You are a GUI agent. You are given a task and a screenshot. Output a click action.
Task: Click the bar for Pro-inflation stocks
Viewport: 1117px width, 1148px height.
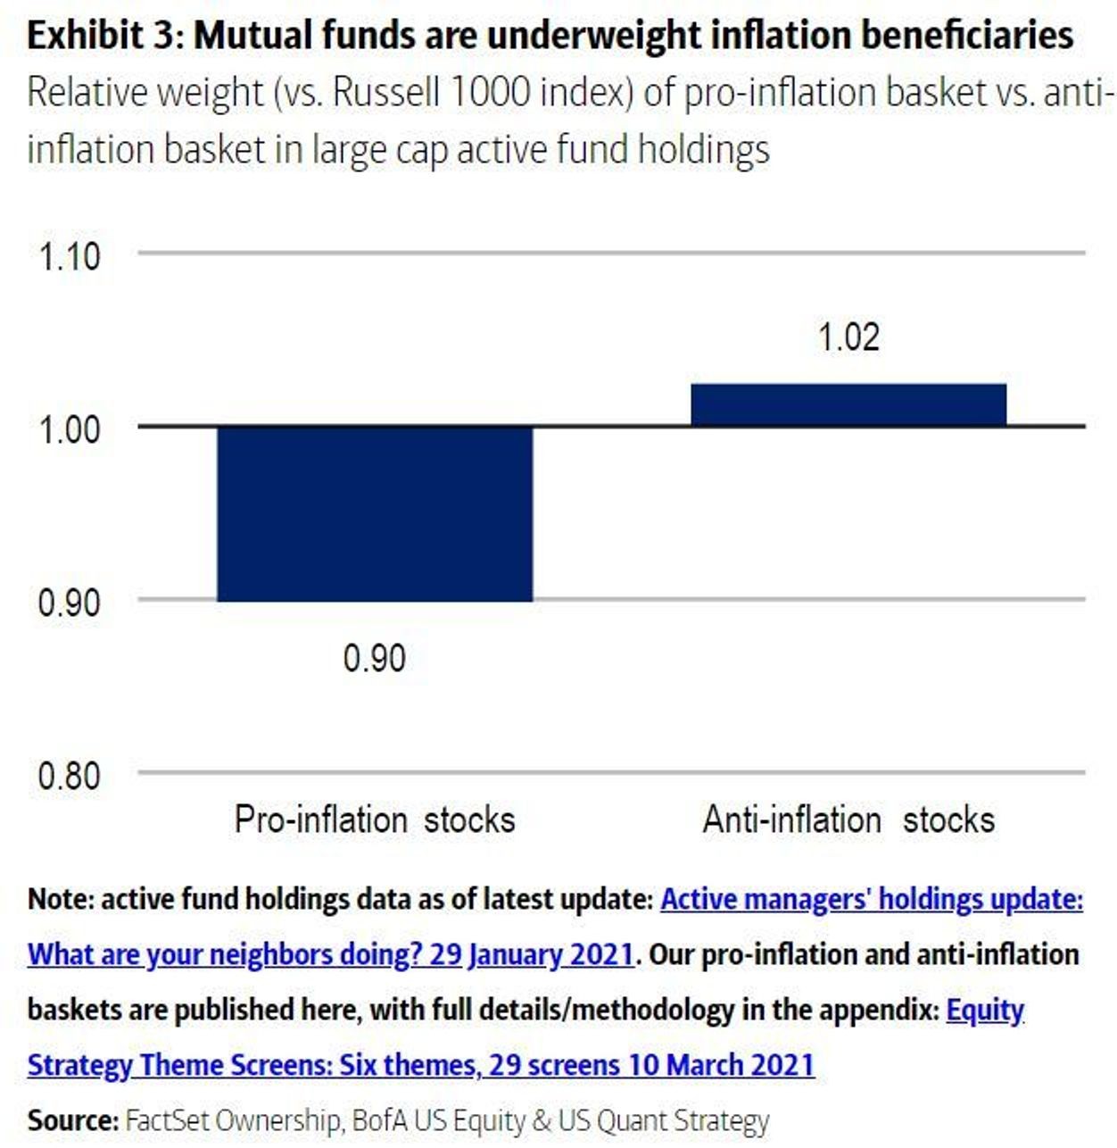375,513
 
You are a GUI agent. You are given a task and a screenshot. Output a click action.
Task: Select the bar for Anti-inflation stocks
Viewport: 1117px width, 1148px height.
848,404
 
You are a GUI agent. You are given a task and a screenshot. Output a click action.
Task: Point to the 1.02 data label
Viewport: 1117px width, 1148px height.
848,337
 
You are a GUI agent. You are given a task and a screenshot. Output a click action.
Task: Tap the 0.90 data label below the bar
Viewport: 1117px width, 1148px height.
375,659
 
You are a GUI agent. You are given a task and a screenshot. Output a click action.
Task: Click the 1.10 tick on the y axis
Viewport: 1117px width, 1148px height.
69,256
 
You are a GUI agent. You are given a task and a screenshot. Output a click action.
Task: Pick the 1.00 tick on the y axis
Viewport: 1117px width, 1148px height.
69,429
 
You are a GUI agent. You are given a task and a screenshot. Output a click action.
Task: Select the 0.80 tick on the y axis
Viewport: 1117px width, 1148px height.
69,776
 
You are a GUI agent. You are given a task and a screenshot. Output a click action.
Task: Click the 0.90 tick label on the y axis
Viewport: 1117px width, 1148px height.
69,603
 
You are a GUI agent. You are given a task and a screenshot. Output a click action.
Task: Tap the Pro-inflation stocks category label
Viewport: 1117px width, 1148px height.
375,820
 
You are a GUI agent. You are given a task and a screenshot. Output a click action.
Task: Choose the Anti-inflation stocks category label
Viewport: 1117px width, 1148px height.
848,820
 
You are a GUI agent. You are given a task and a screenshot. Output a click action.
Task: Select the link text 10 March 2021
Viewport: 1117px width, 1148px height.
721,1065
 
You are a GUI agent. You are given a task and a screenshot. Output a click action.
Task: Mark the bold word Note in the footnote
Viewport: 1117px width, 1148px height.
61,900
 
